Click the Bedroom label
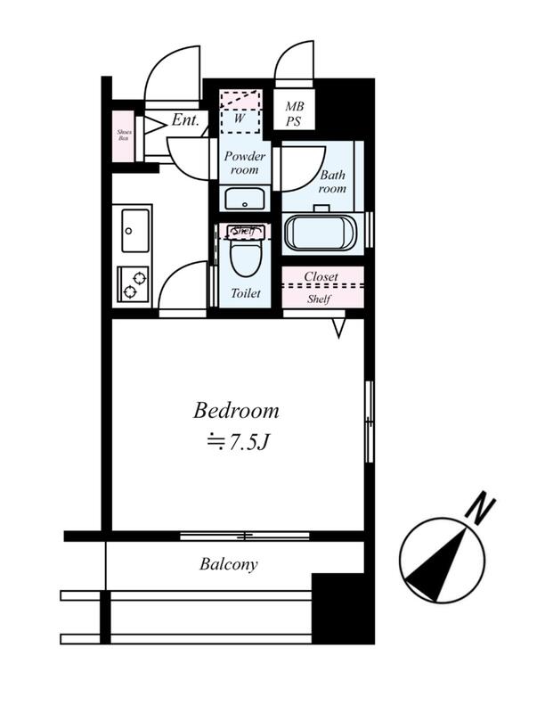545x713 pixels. click(x=236, y=411)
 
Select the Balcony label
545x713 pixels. click(x=229, y=564)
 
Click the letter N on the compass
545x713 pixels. click(x=481, y=508)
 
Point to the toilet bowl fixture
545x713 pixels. click(x=244, y=252)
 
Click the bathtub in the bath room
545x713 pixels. click(x=321, y=233)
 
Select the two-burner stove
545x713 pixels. click(x=133, y=284)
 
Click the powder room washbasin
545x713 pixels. click(x=245, y=199)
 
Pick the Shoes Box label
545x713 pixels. click(x=124, y=135)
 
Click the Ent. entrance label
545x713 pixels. click(x=185, y=120)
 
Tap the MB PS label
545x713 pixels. click(x=294, y=114)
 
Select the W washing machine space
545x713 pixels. click(x=240, y=112)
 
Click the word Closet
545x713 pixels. click(x=321, y=276)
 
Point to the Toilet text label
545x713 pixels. click(x=246, y=293)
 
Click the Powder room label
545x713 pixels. click(x=245, y=163)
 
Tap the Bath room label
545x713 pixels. click(x=333, y=182)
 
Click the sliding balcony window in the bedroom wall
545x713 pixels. click(x=244, y=537)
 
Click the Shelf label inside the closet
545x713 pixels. click(x=319, y=299)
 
